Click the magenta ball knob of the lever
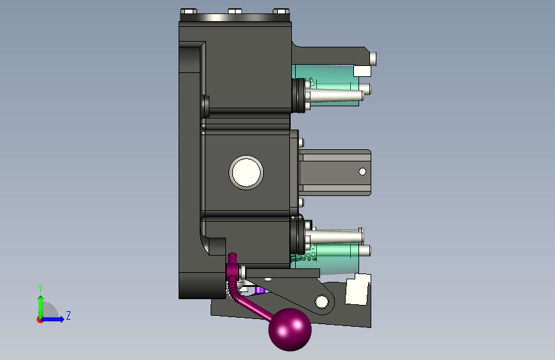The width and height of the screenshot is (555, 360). pyautogui.click(x=290, y=329)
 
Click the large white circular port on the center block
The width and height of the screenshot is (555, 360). pyautogui.click(x=246, y=172)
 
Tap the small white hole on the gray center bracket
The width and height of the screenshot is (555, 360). pyautogui.click(x=362, y=172)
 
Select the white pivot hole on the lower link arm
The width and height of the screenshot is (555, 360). pyautogui.click(x=321, y=302)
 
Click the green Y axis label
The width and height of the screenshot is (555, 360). pyautogui.click(x=40, y=288)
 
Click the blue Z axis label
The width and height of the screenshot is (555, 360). pyautogui.click(x=68, y=315)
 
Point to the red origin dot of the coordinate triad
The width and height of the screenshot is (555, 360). pyautogui.click(x=40, y=320)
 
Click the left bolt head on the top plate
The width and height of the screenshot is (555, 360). pyautogui.click(x=189, y=12)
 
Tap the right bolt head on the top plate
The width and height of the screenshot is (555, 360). pyautogui.click(x=282, y=12)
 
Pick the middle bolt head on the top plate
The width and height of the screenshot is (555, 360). pyautogui.click(x=235, y=12)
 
